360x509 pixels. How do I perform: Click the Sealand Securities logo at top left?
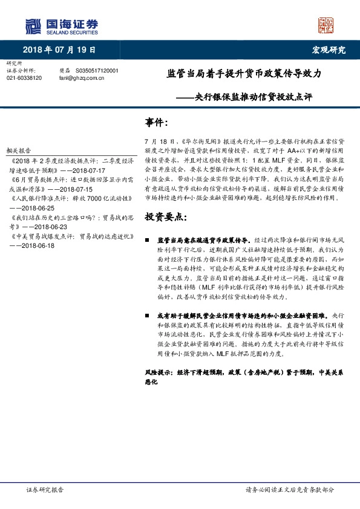(61, 25)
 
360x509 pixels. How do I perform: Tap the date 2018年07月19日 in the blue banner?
(59, 50)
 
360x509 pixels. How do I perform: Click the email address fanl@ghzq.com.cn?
(81, 78)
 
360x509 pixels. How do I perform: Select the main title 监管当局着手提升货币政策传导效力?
(244, 74)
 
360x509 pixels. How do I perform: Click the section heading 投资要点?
(165, 216)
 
